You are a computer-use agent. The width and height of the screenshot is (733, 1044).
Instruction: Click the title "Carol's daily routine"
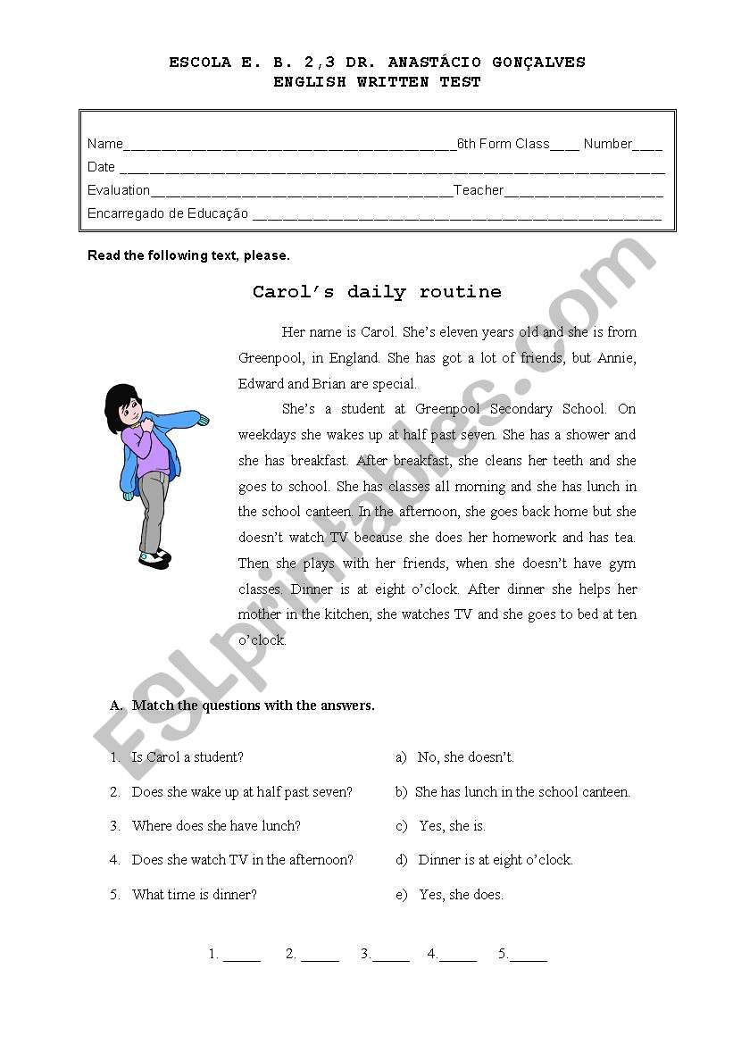(x=377, y=292)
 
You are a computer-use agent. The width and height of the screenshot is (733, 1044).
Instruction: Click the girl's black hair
(x=117, y=404)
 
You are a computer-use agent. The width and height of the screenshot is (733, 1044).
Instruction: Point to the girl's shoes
(x=154, y=558)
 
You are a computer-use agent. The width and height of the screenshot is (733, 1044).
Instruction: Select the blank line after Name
(x=289, y=146)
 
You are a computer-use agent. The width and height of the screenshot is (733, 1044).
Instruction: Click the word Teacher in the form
(x=479, y=190)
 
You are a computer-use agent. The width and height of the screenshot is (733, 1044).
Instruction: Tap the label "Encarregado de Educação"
(x=168, y=213)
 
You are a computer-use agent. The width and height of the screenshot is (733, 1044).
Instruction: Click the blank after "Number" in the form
(x=647, y=146)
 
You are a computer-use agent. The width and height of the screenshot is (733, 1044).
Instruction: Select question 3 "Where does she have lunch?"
(x=216, y=826)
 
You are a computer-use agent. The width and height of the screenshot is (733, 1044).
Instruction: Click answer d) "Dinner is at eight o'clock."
(x=496, y=860)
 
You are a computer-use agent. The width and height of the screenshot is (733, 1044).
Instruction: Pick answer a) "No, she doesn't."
(x=465, y=757)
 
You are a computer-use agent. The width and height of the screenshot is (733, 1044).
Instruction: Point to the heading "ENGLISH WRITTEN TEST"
(x=377, y=82)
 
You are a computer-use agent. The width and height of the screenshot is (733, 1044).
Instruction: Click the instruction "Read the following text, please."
(x=188, y=255)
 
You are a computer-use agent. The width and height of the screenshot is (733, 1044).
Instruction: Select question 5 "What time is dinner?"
(x=194, y=894)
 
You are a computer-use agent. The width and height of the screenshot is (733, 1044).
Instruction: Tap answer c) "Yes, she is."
(x=452, y=826)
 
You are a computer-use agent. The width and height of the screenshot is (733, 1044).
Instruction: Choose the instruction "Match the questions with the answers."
(x=253, y=706)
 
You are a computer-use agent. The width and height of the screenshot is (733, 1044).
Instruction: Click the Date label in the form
(x=101, y=167)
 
